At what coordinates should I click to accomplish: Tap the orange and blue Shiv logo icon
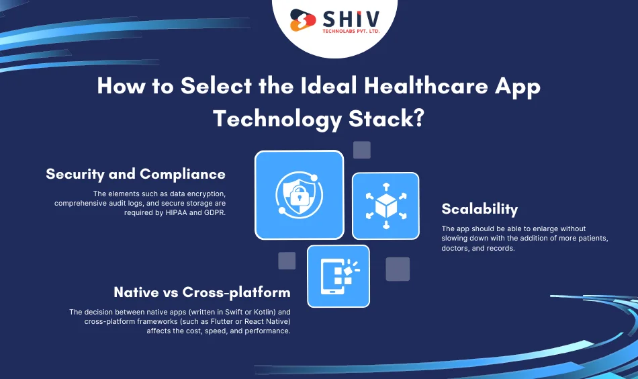click(x=302, y=19)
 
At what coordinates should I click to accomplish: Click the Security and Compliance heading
click(x=136, y=174)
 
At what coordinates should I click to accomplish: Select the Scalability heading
click(x=480, y=208)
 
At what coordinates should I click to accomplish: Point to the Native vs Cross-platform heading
click(x=202, y=292)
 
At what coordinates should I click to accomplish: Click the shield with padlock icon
click(x=299, y=195)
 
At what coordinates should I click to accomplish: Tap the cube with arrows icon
click(x=385, y=206)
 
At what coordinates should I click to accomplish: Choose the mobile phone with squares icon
click(x=338, y=276)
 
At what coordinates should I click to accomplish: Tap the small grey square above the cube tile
click(x=362, y=150)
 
